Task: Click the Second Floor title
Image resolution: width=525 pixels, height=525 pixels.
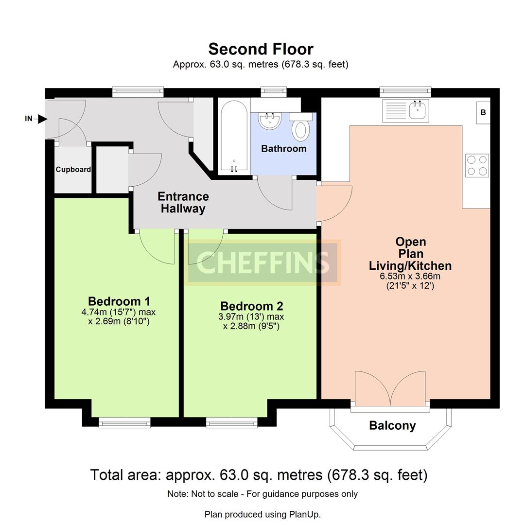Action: click(261, 49)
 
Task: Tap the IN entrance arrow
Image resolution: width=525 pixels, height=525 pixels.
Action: click(42, 119)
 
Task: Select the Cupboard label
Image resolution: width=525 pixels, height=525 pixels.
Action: click(73, 170)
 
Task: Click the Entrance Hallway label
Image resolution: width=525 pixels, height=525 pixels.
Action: click(183, 202)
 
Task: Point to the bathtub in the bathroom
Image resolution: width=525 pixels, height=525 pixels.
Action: click(234, 137)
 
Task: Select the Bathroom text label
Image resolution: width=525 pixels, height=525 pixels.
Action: click(283, 149)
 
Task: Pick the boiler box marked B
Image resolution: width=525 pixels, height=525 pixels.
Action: click(483, 112)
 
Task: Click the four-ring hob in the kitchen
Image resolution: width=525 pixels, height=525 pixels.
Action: click(477, 165)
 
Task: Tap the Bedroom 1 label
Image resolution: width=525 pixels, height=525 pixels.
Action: click(119, 301)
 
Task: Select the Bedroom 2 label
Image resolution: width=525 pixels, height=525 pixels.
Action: click(251, 306)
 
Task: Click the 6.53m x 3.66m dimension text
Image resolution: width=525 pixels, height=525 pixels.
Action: click(410, 276)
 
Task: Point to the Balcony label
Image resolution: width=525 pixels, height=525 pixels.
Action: click(392, 425)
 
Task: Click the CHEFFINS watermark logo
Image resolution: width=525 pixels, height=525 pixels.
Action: click(262, 263)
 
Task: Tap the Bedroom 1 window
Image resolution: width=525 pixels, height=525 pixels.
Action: click(124, 422)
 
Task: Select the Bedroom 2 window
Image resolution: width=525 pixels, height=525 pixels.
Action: click(232, 422)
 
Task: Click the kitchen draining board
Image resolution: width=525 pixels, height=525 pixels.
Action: click(396, 110)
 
